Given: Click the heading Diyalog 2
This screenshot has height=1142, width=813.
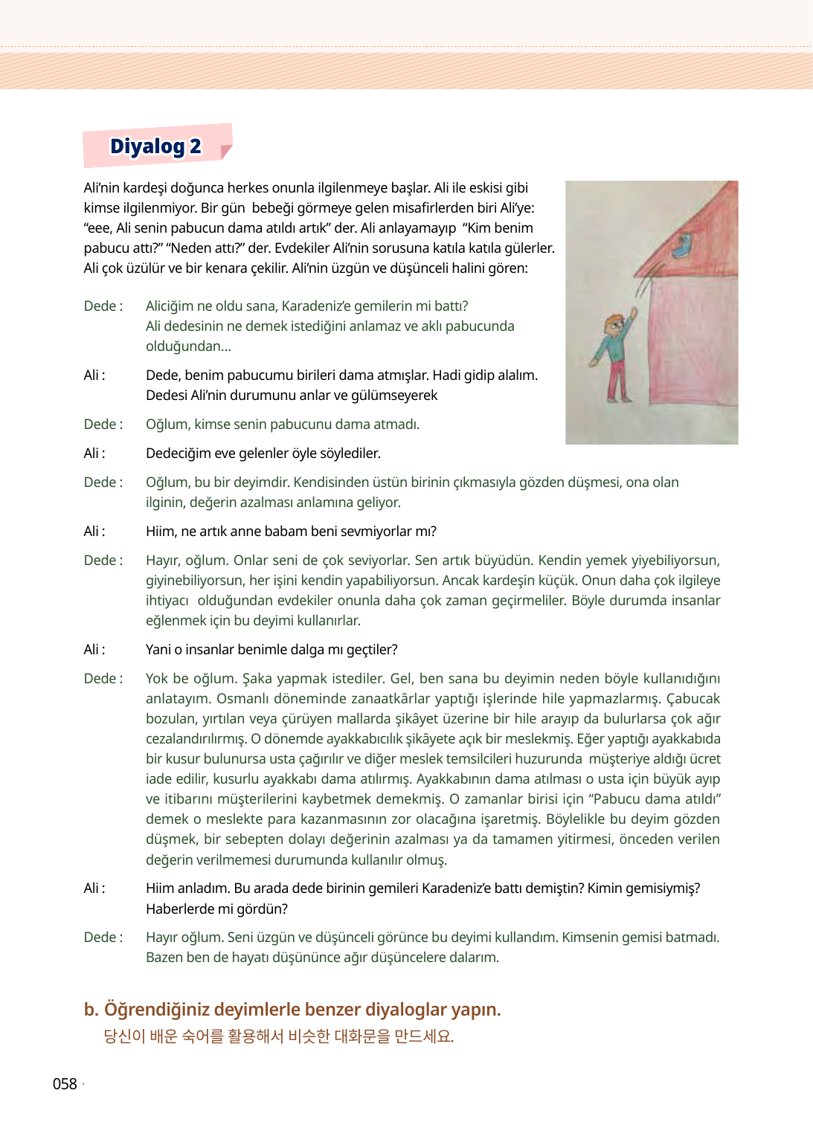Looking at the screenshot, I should pos(155,146).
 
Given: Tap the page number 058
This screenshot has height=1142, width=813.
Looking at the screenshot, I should pos(65,1084).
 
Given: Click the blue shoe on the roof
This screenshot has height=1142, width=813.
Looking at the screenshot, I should pos(683,245).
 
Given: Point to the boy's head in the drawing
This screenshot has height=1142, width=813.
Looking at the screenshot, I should pos(614,324).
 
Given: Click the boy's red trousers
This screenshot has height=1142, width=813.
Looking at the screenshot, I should pos(617,378).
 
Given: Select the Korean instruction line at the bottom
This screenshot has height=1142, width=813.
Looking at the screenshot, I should pos(278,1036).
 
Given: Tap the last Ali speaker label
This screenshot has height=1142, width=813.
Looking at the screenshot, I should pos(94,888).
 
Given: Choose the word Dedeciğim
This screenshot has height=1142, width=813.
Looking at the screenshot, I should pos(179,454).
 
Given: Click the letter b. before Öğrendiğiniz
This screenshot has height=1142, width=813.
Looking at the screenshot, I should pos(91,1010).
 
